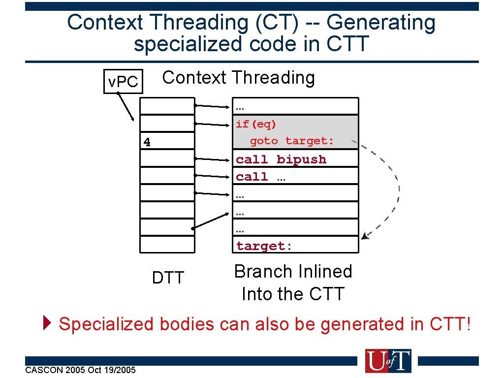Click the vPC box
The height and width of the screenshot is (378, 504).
click(123, 82)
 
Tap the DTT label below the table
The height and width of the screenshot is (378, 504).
click(167, 278)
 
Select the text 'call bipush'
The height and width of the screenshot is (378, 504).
click(281, 159)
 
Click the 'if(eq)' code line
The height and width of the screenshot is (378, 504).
click(256, 124)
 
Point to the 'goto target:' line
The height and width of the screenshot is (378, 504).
click(292, 141)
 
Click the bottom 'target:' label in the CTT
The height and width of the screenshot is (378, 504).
click(264, 246)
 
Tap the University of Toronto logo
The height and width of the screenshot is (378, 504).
click(387, 361)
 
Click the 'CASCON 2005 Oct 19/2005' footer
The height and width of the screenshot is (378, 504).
click(80, 370)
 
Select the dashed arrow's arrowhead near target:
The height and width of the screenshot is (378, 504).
click(365, 236)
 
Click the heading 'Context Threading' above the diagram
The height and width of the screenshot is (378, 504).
click(238, 78)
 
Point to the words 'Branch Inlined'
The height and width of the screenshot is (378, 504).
click(293, 272)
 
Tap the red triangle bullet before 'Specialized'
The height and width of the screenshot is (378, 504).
click(47, 324)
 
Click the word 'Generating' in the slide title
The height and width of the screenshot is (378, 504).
click(381, 23)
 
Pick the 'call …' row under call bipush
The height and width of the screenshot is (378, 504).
click(260, 177)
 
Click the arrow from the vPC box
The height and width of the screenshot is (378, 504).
click(126, 107)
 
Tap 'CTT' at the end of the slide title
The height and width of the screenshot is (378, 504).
click(347, 44)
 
